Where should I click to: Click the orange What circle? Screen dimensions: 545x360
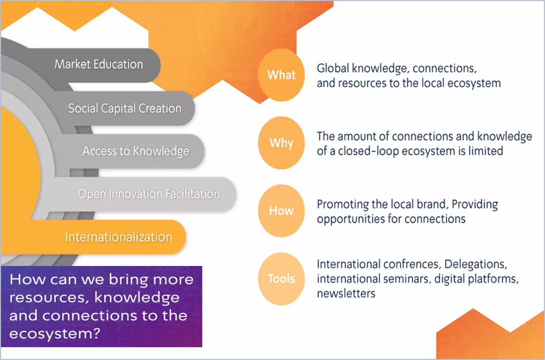pyautogui.click(x=281, y=75)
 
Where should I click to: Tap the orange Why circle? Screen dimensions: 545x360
pyautogui.click(x=281, y=143)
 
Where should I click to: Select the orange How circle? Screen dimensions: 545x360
pyautogui.click(x=281, y=211)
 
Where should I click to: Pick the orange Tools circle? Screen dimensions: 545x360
pyautogui.click(x=281, y=279)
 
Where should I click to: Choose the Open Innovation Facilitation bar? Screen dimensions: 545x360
pyautogui.click(x=146, y=194)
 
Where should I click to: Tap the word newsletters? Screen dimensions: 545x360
pyautogui.click(x=346, y=294)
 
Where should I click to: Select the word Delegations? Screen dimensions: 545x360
pyautogui.click(x=476, y=265)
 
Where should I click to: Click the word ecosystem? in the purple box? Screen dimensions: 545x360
pyautogui.click(x=55, y=334)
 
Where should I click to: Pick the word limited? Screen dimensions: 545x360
pyautogui.click(x=486, y=151)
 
